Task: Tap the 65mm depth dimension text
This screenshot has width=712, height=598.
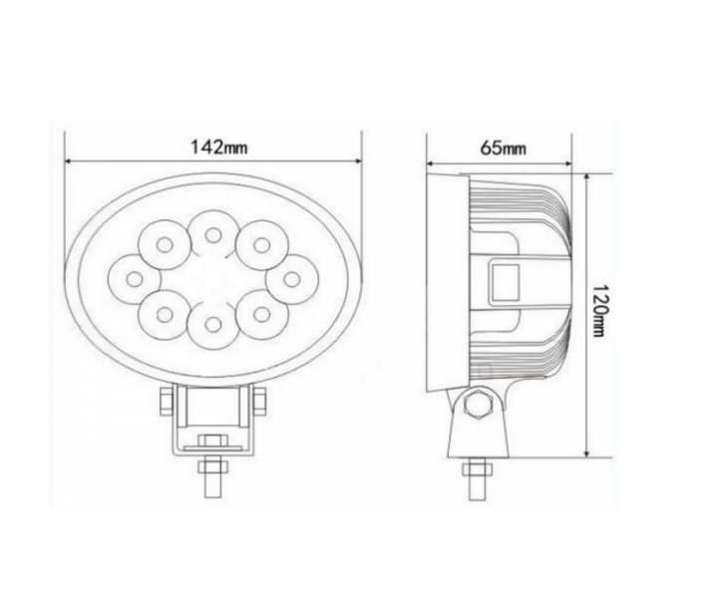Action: click(x=503, y=149)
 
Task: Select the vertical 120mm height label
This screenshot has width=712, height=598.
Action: click(x=599, y=310)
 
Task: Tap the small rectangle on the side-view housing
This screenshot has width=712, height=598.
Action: click(x=505, y=282)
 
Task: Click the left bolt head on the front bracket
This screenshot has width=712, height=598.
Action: click(x=165, y=403)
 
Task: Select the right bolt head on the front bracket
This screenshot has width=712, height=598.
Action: click(x=259, y=403)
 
